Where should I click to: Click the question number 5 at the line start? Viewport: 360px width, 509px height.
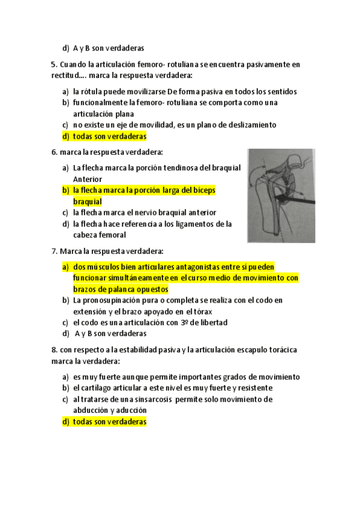(x=54, y=64)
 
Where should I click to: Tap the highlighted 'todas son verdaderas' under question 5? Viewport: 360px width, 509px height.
(x=109, y=136)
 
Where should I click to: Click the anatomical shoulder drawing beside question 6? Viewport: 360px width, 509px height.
(x=282, y=195)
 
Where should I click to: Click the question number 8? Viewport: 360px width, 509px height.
(x=54, y=349)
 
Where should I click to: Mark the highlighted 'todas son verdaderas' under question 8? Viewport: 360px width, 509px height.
(x=109, y=422)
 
